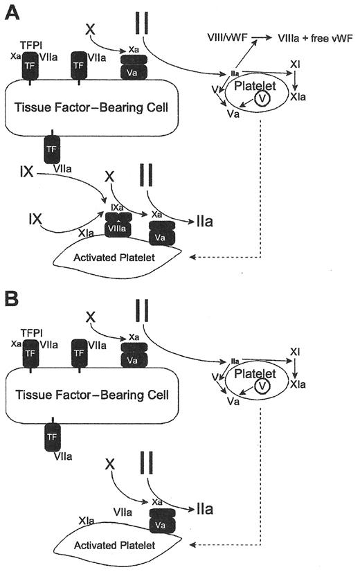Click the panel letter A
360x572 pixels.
click(12, 12)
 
